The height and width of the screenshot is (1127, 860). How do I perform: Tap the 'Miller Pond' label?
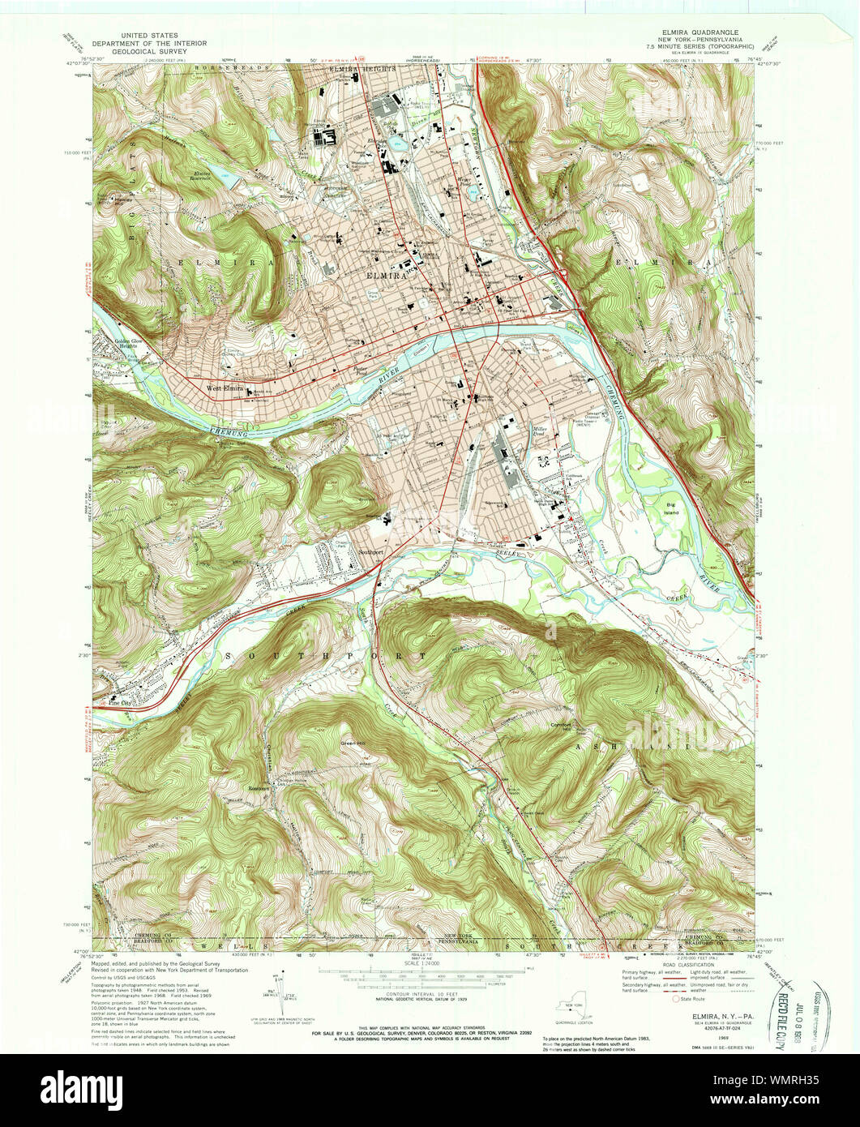click(x=540, y=433)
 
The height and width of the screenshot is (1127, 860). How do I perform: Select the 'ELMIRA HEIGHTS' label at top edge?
click(x=362, y=70)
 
